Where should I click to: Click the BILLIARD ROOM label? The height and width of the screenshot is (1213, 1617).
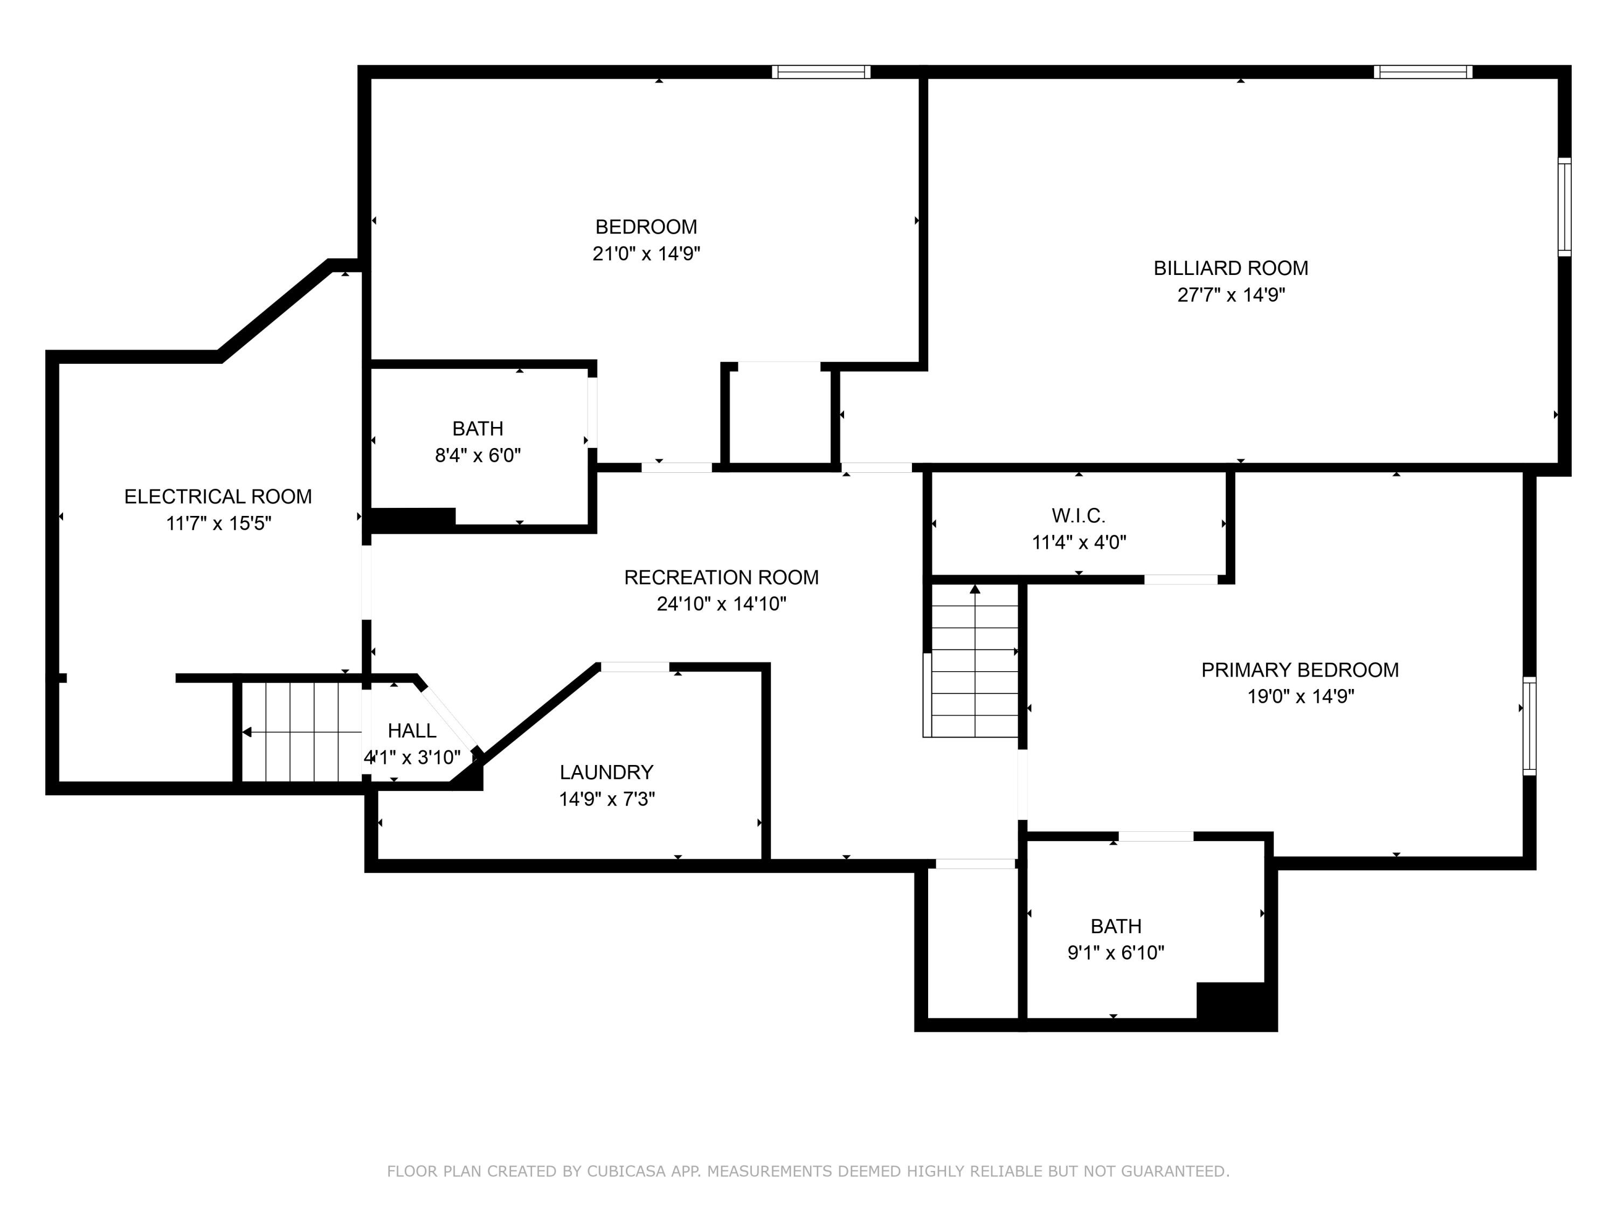pyautogui.click(x=1231, y=268)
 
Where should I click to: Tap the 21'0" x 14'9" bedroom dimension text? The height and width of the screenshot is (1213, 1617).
pyautogui.click(x=646, y=254)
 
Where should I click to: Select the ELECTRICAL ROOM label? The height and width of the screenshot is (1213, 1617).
pyautogui.click(x=218, y=497)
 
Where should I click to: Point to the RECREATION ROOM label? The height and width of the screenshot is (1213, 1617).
pyautogui.click(x=722, y=577)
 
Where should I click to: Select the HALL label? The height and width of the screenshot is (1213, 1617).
pyautogui.click(x=412, y=730)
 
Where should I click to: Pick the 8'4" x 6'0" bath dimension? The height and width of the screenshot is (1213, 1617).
pyautogui.click(x=478, y=456)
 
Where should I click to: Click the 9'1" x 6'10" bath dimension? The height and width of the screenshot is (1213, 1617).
pyautogui.click(x=1116, y=953)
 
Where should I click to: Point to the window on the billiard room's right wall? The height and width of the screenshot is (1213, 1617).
pyautogui.click(x=1564, y=207)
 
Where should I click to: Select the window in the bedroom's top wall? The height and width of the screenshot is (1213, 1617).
pyautogui.click(x=821, y=72)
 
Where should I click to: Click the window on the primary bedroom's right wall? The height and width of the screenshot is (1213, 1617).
pyautogui.click(x=1529, y=726)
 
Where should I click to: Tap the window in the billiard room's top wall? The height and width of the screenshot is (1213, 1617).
pyautogui.click(x=1422, y=72)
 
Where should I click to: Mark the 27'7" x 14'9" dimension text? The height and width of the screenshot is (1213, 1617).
pyautogui.click(x=1231, y=295)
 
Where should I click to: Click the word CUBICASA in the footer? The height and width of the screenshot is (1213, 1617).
pyautogui.click(x=626, y=1172)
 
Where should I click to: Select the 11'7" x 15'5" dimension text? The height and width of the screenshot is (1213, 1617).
pyautogui.click(x=219, y=523)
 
